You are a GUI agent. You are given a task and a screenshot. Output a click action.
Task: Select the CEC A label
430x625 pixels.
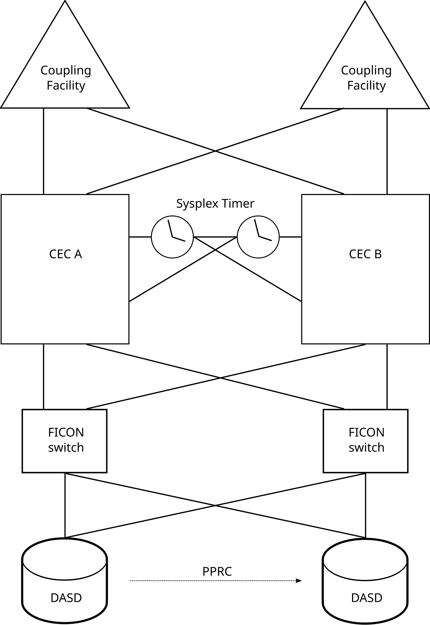coord(66,254)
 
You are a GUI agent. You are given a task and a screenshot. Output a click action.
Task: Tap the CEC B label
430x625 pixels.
coord(365,254)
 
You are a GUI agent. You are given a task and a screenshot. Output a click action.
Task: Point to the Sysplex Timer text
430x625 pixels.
coord(215,204)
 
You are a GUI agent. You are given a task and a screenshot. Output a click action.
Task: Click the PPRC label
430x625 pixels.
coord(217,572)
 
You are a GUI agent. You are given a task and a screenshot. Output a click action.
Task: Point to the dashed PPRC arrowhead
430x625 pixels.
coord(299,581)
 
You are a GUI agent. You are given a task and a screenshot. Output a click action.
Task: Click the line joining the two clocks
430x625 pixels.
coord(215,237)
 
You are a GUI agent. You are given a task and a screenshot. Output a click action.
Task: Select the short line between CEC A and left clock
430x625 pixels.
coord(140,237)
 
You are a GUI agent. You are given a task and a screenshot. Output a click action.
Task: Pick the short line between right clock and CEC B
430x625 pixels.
coord(291,237)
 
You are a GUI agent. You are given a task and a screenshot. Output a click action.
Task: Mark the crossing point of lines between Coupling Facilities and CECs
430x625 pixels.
coord(215,151)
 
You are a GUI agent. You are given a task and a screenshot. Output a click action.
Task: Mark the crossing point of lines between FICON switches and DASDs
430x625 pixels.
coord(215,505)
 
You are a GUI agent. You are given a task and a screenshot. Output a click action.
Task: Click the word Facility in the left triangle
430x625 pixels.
coord(66,86)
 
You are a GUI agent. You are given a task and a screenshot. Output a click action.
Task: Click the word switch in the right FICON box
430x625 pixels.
coord(367,448)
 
